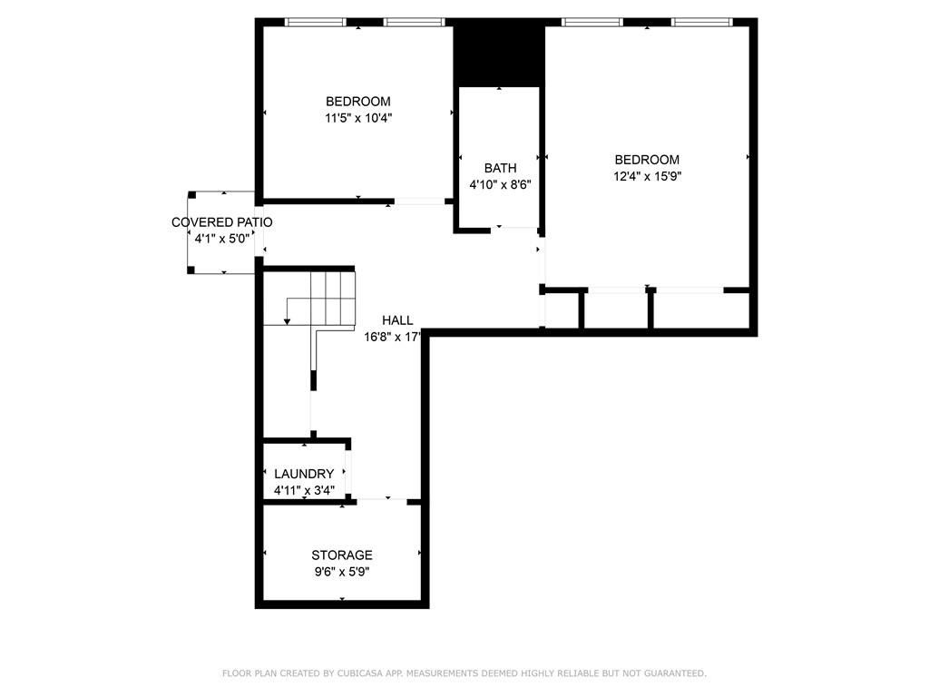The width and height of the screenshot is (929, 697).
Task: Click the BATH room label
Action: (500, 168)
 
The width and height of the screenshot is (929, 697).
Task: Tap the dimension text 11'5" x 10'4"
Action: (358, 118)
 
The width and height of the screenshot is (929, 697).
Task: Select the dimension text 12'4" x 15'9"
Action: (647, 177)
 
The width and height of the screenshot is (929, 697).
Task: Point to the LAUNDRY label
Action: (304, 474)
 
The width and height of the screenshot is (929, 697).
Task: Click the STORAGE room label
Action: (342, 555)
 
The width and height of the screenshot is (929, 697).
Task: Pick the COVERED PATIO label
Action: (221, 222)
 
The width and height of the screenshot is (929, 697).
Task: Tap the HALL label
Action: (397, 320)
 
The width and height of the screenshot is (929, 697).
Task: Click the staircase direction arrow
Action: (287, 319)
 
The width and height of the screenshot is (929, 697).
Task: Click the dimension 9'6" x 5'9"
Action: (342, 572)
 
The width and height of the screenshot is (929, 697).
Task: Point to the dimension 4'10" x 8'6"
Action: (500, 185)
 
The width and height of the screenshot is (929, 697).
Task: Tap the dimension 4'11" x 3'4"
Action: (304, 490)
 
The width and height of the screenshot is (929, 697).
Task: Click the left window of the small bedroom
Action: (316, 22)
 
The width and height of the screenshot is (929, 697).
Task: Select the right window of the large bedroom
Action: (700, 22)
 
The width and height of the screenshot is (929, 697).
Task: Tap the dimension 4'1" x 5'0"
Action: (221, 239)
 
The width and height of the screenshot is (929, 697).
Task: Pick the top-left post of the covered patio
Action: (191, 194)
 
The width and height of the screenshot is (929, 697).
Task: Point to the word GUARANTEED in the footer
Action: (675, 673)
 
